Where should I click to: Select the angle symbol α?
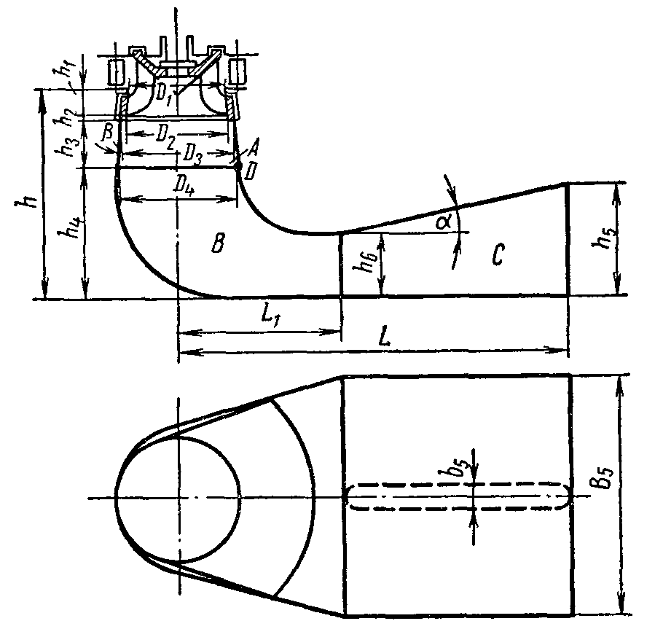point(443,222)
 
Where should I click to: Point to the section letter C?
point(498,254)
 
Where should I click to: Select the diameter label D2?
point(166,136)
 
